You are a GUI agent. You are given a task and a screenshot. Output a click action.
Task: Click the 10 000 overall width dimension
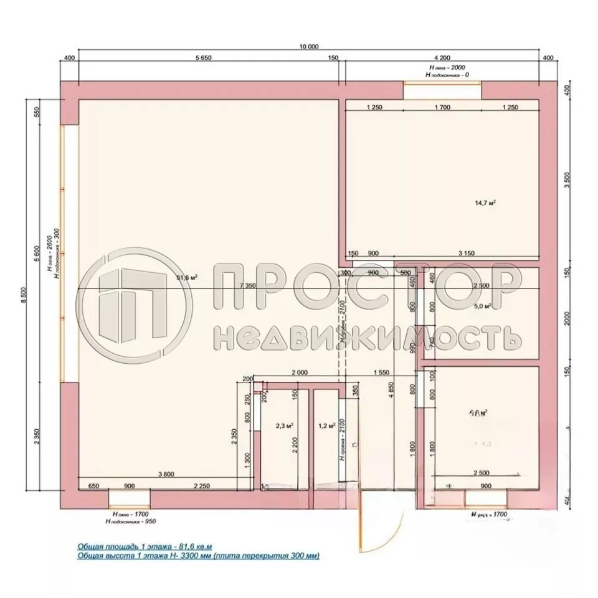(x=309, y=47)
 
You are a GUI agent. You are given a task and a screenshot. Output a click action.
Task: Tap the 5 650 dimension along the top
(x=204, y=58)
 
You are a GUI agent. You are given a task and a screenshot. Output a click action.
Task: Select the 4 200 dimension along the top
(x=441, y=58)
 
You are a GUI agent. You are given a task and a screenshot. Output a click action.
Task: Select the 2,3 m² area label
(x=285, y=426)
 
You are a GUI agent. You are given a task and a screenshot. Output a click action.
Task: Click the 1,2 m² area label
(x=327, y=426)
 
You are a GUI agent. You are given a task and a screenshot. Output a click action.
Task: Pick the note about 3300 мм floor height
(x=197, y=554)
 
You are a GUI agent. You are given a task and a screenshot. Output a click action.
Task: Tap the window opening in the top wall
(x=442, y=90)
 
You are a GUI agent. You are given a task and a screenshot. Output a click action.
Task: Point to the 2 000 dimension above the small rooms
(x=300, y=372)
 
